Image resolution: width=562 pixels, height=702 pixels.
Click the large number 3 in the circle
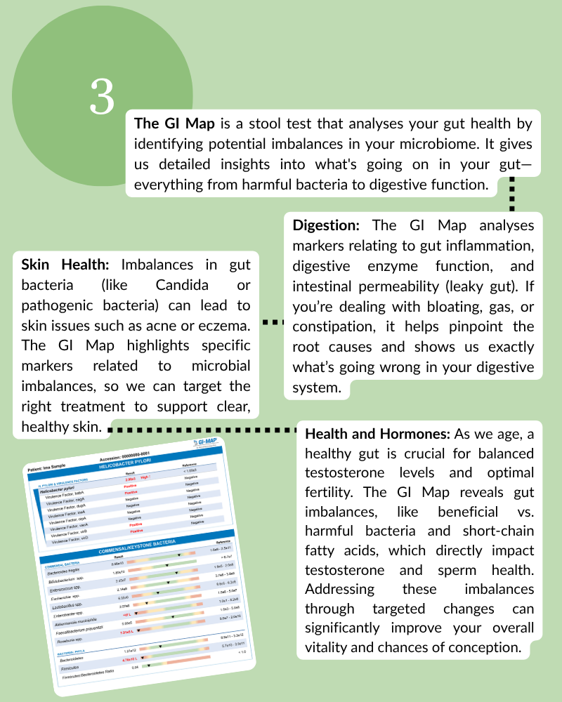pos(102,98)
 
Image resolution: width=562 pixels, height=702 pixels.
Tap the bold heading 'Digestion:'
pos(327,225)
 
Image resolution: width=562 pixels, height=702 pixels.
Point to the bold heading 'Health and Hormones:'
pos(379,433)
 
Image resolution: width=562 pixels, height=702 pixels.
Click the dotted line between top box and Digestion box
pos(511,194)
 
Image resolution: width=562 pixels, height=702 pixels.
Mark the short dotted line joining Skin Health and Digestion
pos(273,322)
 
